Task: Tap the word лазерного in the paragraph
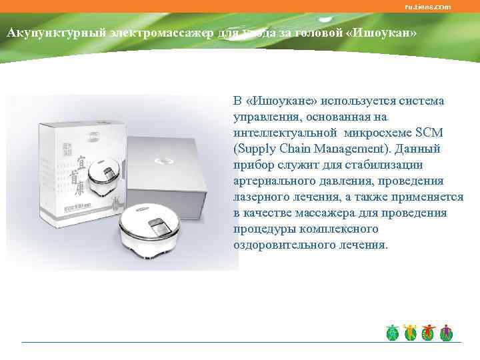coord(263,197)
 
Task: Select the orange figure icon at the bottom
coord(410,333)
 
